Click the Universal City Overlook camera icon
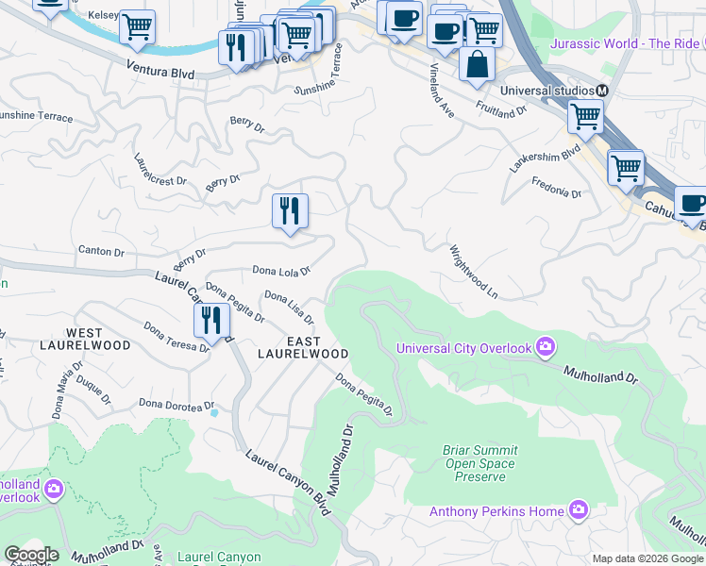[x=545, y=348]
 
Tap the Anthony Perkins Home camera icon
[x=579, y=511]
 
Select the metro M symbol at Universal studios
[x=600, y=91]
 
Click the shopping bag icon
[x=478, y=64]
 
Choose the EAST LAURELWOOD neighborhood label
[x=303, y=347]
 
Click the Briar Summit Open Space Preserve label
[x=479, y=463]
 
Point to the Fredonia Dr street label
[x=557, y=188]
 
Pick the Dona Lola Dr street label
[x=281, y=272]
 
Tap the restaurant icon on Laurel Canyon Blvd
[x=212, y=320]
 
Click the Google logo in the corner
[x=31, y=555]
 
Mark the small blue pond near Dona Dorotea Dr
[x=215, y=412]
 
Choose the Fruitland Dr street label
[x=501, y=109]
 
